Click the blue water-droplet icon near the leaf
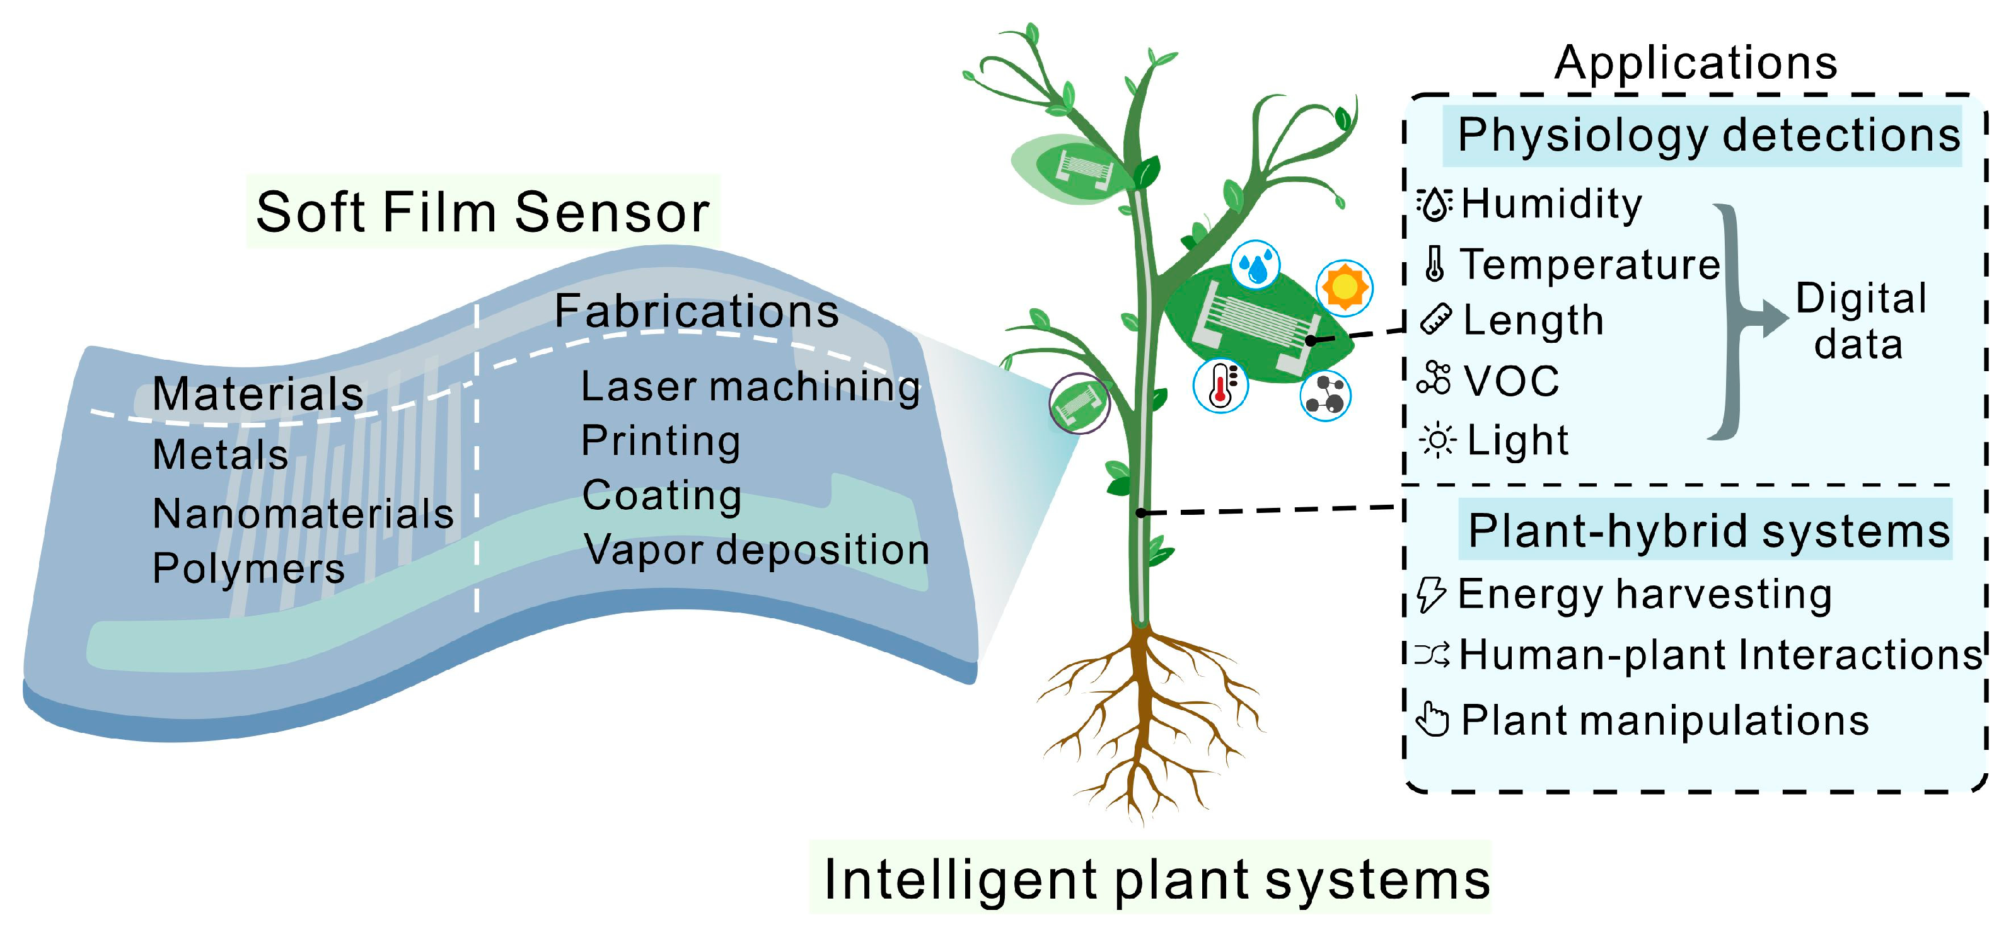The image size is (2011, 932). coord(1255,265)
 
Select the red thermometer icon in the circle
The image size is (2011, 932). coord(1221,386)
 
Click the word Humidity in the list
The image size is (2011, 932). coord(1551,205)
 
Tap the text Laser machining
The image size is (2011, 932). coord(750,387)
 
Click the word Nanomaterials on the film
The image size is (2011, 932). coord(303,514)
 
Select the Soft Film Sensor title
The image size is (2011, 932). coord(482,212)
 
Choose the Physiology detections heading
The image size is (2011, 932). coord(1708,135)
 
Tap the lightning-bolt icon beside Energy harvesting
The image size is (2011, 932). coord(1432,594)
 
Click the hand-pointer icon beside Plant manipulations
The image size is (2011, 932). coord(1432,720)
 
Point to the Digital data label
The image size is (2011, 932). coord(1860,321)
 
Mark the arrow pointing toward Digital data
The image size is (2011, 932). coord(1769,318)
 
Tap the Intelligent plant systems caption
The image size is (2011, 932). coord(1156,880)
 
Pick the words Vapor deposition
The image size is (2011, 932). coord(756,550)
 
